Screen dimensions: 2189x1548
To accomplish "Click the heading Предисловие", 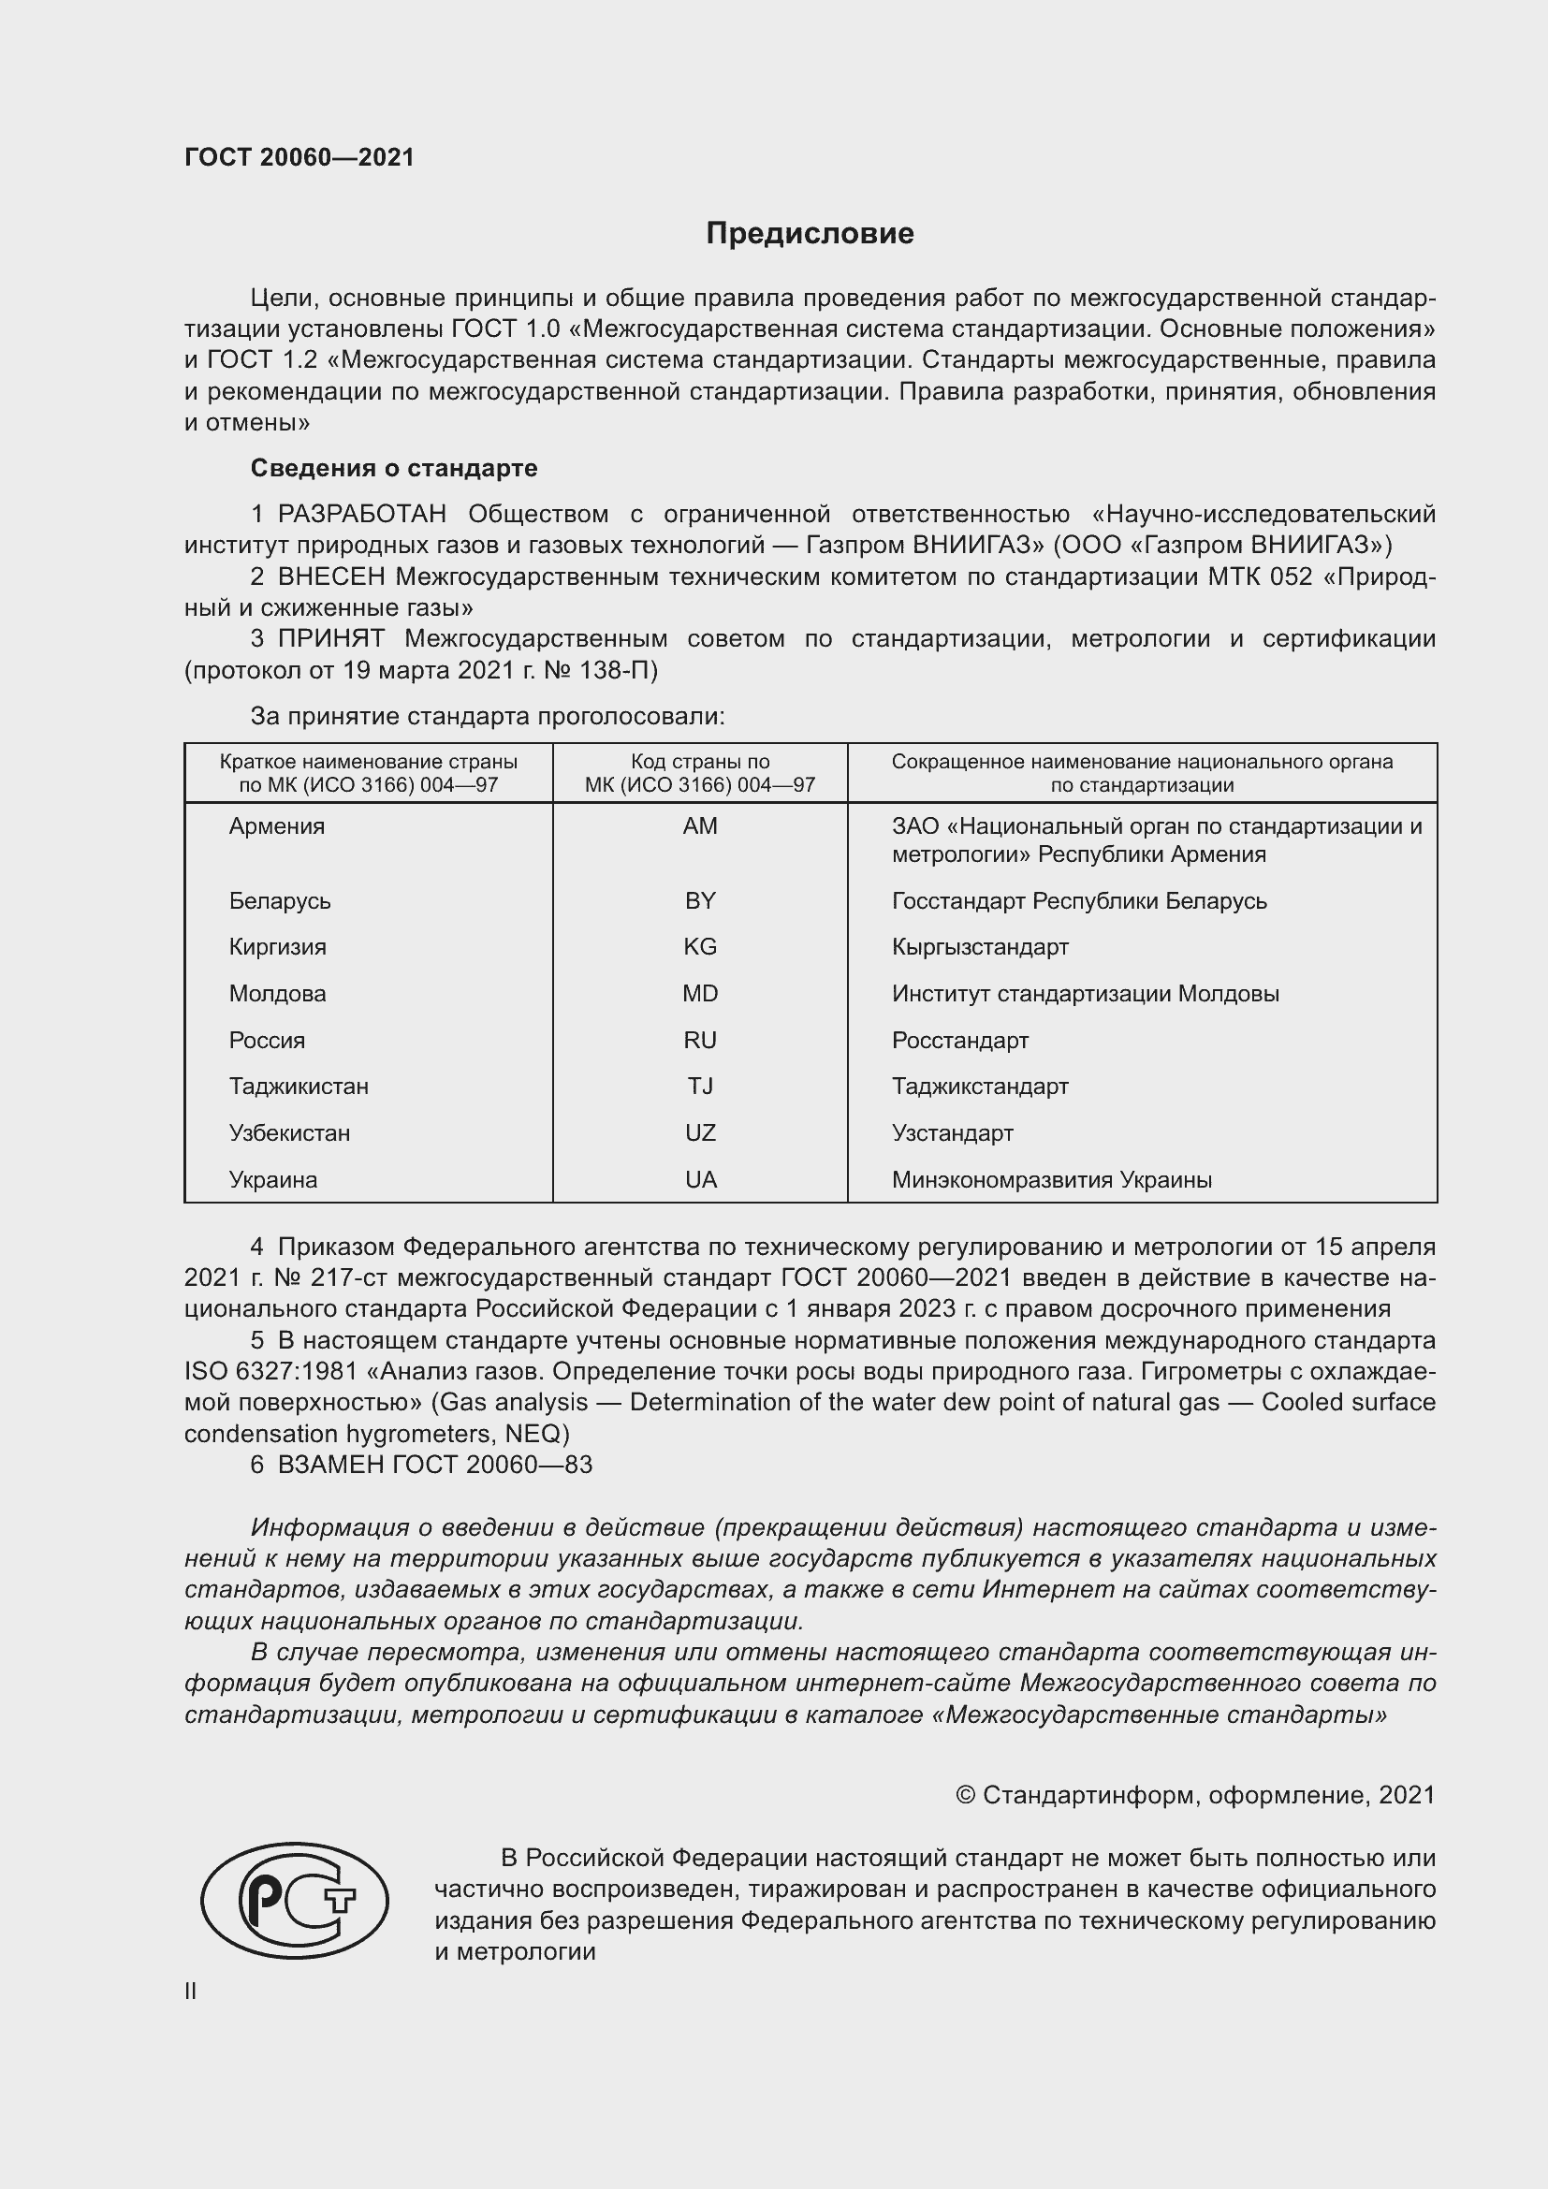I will point(810,234).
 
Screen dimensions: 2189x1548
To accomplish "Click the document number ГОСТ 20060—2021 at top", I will point(299,157).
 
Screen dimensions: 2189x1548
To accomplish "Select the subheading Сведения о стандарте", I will point(394,468).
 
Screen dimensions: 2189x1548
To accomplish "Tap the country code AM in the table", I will point(700,826).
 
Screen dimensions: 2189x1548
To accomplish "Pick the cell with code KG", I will point(700,947).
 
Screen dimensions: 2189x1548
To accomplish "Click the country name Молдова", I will point(277,994).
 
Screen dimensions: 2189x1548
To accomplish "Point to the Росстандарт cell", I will point(960,1040).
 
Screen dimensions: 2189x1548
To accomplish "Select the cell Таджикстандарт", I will point(980,1087).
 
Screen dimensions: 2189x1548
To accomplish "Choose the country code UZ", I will point(700,1133).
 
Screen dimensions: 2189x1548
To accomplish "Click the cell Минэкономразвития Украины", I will point(1051,1180).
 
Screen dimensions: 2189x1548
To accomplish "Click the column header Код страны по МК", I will point(700,773).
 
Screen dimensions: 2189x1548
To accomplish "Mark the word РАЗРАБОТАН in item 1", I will point(361,515).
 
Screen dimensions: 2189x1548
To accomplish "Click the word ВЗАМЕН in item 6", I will point(330,1465).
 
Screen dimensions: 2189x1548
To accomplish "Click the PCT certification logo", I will point(295,1900).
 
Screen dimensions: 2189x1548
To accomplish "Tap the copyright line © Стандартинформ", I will point(1194,1795).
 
